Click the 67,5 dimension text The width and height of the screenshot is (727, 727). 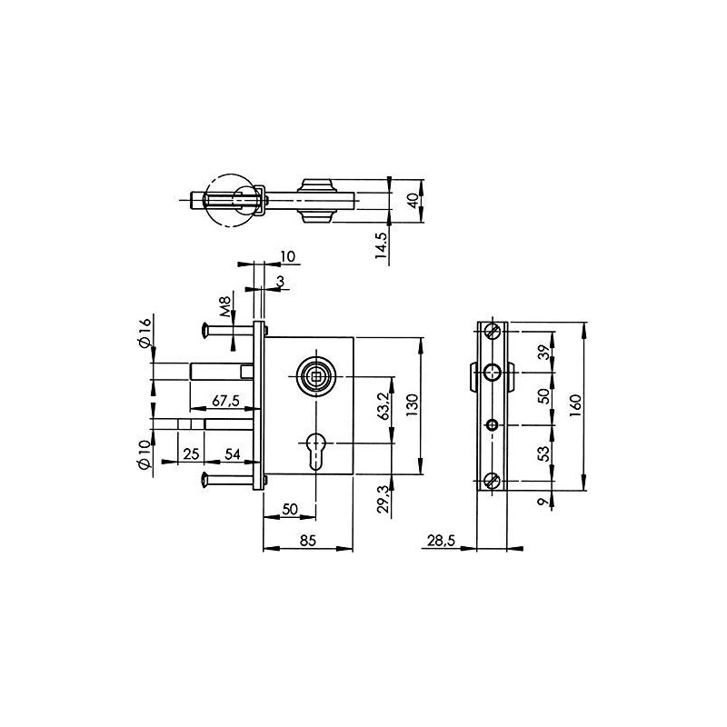click(x=225, y=401)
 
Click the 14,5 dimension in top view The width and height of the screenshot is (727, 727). click(x=383, y=245)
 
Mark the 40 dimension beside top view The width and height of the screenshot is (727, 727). click(x=413, y=201)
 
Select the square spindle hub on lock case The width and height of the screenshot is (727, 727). click(x=315, y=373)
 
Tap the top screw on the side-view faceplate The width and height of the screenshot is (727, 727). click(x=492, y=332)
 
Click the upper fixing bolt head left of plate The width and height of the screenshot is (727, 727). click(x=205, y=331)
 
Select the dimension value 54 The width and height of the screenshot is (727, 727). click(x=232, y=453)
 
